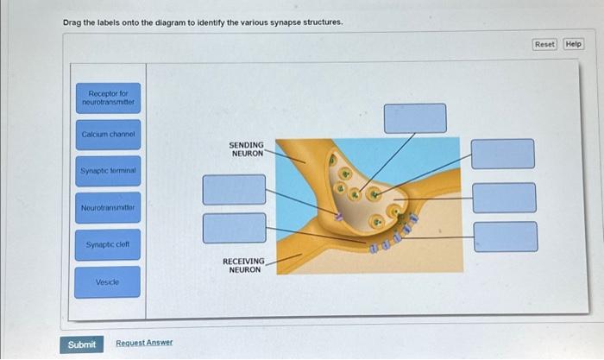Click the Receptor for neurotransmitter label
pos(107,98)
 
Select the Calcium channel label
pos(107,134)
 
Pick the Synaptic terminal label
pos(107,171)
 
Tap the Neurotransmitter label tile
pos(107,208)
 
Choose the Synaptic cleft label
pos(107,245)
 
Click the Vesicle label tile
pos(107,282)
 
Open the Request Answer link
pos(144,343)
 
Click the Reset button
pos(544,44)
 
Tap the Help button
pos(574,44)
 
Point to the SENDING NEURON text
pos(246,149)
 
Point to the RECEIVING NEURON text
pos(244,265)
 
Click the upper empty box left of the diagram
pos(234,189)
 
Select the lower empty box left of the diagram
pos(234,228)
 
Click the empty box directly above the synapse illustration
pos(415,118)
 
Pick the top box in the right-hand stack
pos(502,154)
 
